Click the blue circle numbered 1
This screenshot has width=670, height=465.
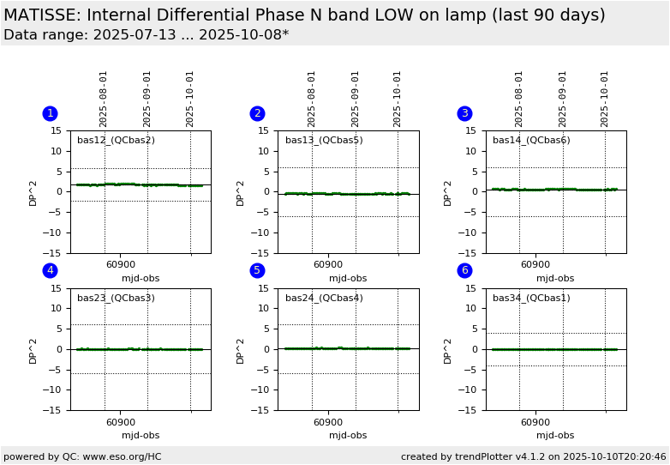click(x=50, y=113)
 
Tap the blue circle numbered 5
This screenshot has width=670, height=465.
click(x=257, y=270)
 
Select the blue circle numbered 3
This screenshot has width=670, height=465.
click(x=465, y=113)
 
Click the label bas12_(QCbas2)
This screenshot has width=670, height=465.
click(x=116, y=141)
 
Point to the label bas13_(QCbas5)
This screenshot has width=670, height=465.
click(x=324, y=141)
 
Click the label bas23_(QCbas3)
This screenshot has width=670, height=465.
click(x=116, y=299)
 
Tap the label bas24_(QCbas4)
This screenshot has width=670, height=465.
click(x=324, y=299)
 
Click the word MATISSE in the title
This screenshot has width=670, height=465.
click(x=43, y=15)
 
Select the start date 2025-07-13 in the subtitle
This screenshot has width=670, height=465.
click(x=118, y=35)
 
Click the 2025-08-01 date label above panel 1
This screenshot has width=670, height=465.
click(x=104, y=99)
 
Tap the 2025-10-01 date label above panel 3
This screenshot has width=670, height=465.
click(x=605, y=99)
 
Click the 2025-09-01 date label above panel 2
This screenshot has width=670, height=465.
click(x=356, y=99)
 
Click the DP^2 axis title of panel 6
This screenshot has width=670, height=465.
click(x=448, y=349)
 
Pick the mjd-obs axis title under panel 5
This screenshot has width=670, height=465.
click(x=348, y=436)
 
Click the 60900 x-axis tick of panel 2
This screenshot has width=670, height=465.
click(x=327, y=265)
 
